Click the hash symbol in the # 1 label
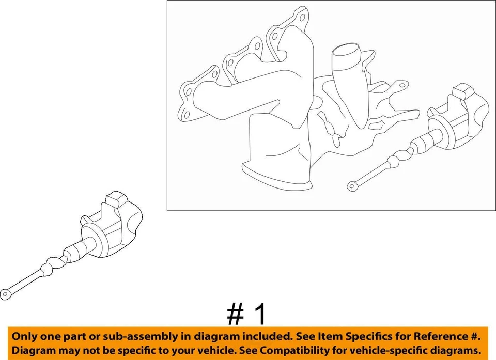(x=235, y=314)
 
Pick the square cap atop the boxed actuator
(x=461, y=95)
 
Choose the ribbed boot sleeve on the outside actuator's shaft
(x=75, y=253)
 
